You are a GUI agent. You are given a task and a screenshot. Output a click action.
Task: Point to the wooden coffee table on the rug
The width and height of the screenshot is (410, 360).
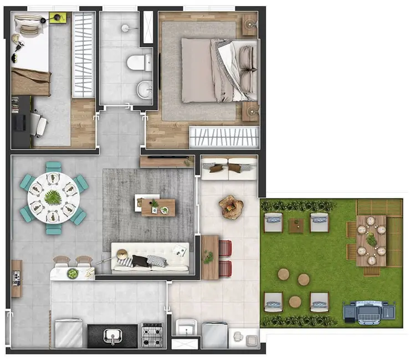(x=158, y=207)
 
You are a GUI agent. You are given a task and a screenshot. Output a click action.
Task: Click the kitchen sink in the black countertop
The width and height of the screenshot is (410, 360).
(x=113, y=336)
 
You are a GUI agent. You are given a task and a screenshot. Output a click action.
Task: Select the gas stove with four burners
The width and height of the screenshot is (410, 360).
(x=151, y=335)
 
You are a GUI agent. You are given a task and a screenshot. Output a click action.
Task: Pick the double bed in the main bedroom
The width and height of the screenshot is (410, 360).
(x=219, y=70)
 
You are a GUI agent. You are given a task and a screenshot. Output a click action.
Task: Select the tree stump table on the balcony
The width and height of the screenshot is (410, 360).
(x=231, y=206)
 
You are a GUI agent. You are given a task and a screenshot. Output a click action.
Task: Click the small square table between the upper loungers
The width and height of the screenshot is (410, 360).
(x=296, y=225)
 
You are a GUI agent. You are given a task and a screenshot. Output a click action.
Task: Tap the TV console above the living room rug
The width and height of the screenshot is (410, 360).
(x=167, y=161)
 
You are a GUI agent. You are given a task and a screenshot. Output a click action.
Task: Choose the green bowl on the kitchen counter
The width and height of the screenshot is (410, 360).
(x=73, y=273)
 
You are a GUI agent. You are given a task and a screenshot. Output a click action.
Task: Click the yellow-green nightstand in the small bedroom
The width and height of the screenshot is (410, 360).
(x=58, y=18)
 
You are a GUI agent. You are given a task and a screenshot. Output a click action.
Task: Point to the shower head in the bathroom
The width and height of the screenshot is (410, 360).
(x=126, y=27)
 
